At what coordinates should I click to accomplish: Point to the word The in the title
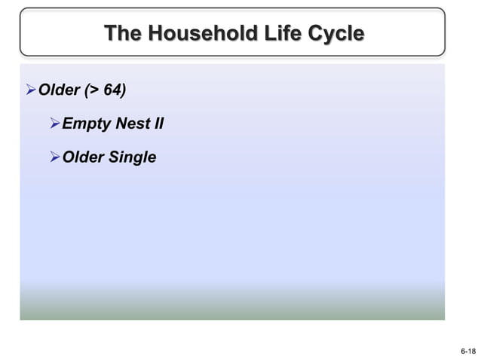click(122, 34)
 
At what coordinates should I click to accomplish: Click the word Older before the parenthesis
click(60, 91)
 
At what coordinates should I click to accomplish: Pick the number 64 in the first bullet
click(112, 91)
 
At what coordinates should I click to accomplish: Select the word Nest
click(132, 124)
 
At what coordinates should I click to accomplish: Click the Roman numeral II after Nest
click(158, 124)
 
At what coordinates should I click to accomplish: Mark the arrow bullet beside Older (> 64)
click(31, 91)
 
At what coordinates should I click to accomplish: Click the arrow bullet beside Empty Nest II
click(54, 124)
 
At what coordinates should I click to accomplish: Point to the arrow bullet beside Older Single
click(54, 157)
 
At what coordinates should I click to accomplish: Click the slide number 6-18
click(467, 351)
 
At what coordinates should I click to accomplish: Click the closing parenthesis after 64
click(124, 91)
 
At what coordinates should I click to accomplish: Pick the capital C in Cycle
click(315, 34)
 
